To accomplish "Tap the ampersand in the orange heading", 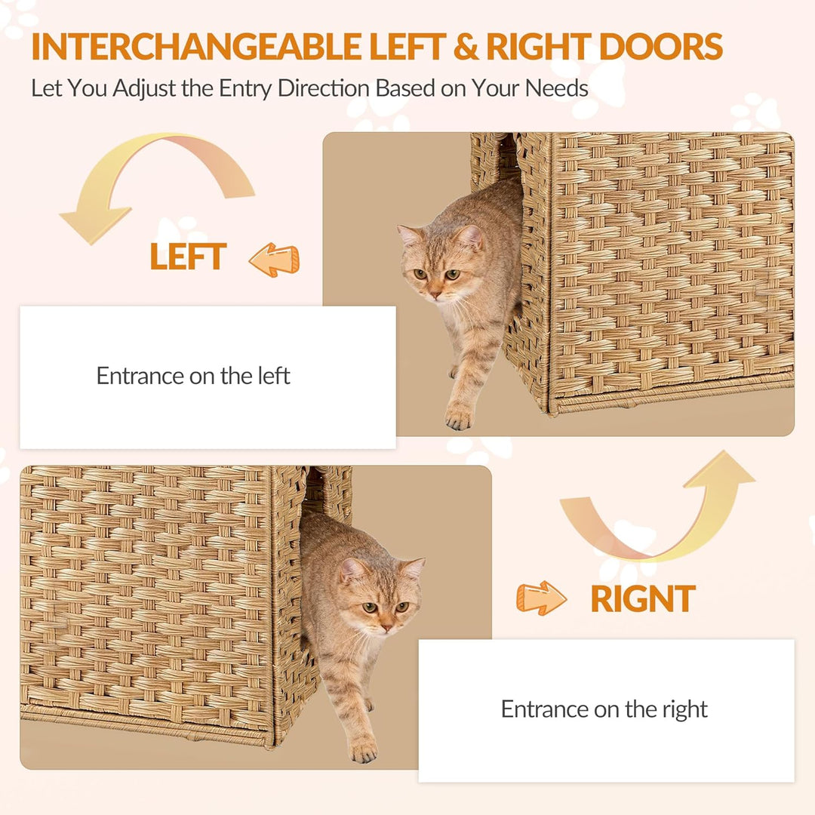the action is coord(466,47).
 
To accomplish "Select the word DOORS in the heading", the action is coord(660,47).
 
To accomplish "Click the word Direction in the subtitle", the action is coord(323,88).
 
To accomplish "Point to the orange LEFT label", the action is coord(188,257).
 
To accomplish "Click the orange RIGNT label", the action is coord(643,598).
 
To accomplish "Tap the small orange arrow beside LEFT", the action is coord(274,260).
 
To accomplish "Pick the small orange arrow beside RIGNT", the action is coord(541,598).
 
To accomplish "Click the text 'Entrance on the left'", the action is coord(193,376).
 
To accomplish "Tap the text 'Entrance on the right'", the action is coord(604,709).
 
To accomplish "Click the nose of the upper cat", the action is coord(435,295).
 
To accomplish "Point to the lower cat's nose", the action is coord(386,628).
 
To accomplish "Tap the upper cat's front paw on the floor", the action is coord(459,417).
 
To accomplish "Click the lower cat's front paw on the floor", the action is coord(363,750).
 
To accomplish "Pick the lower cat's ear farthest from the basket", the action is coord(414,568).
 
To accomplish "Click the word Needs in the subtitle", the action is coord(556,88).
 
